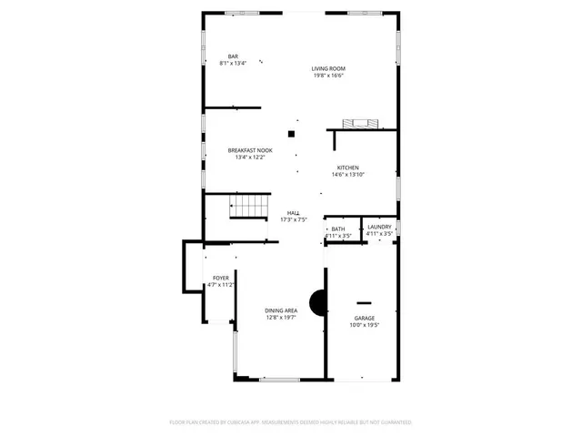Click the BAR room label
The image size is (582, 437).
click(234, 56)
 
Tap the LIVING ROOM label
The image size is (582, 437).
click(328, 68)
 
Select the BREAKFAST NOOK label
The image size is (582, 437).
click(250, 150)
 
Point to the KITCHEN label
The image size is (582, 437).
click(348, 168)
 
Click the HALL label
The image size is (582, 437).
click(294, 212)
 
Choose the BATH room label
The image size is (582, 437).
click(338, 229)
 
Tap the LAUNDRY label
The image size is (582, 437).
click(379, 227)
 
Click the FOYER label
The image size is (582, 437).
click(221, 278)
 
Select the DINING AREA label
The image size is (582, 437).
click(281, 310)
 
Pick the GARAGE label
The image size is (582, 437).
click(364, 318)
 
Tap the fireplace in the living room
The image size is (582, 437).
click(356, 125)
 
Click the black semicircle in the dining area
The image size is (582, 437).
click(317, 302)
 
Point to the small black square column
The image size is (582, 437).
click(291, 134)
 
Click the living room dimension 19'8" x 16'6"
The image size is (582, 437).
click(328, 76)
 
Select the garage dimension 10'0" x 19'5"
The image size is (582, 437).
click(364, 325)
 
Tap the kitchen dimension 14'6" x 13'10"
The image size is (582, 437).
click(348, 175)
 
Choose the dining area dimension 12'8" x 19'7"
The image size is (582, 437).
click(281, 318)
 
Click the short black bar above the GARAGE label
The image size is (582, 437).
click(364, 301)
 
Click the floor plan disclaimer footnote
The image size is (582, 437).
click(291, 422)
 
